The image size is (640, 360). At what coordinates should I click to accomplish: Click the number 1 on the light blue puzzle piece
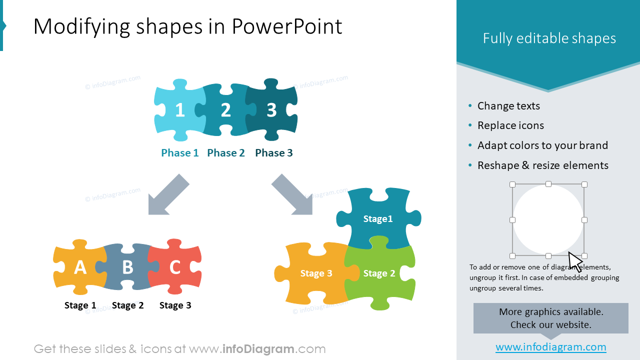(180, 110)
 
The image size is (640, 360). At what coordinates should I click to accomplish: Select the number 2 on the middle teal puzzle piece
(225, 110)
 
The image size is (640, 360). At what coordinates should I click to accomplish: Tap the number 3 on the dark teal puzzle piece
(271, 110)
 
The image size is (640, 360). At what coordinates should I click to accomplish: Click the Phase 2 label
(226, 153)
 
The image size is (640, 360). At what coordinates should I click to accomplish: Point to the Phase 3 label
(274, 153)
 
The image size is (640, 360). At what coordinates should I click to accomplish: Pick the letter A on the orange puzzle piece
(80, 268)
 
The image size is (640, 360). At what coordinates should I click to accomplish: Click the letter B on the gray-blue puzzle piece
(127, 268)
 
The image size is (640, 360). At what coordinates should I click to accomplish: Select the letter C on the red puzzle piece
(174, 268)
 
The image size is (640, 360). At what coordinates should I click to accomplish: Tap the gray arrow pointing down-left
(167, 196)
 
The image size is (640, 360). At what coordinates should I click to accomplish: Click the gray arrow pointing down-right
(293, 196)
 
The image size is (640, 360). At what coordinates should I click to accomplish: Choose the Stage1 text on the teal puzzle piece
(378, 219)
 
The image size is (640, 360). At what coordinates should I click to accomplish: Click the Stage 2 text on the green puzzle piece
(379, 273)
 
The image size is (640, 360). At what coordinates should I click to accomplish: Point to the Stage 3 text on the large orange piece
(316, 273)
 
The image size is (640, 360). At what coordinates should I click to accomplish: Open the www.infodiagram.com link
(551, 347)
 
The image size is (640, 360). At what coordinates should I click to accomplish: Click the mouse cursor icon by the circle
(575, 261)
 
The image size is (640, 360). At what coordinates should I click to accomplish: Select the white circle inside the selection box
(548, 220)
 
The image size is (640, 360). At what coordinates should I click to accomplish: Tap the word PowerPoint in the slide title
(286, 26)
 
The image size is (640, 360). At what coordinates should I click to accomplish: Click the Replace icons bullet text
(510, 125)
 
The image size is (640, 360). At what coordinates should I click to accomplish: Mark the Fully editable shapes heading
(549, 38)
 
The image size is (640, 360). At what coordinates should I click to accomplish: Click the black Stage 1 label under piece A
(80, 305)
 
